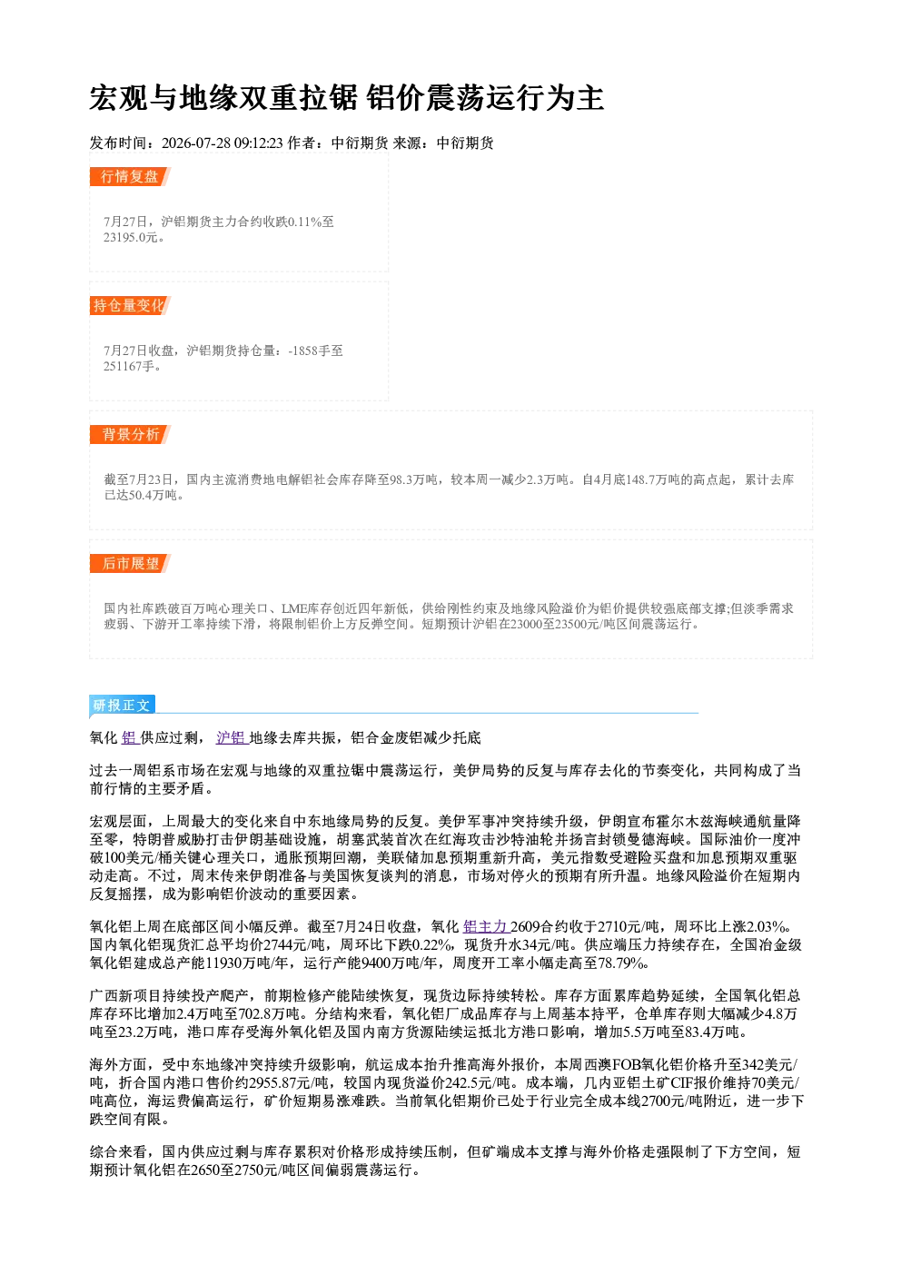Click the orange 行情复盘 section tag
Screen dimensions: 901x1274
tap(130, 176)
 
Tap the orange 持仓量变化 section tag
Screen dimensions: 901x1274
tap(130, 305)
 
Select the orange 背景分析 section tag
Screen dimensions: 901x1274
tap(130, 435)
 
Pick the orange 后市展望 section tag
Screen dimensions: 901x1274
tap(130, 564)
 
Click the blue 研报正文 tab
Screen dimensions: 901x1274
tap(122, 706)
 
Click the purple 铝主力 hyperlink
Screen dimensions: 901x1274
tap(485, 926)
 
